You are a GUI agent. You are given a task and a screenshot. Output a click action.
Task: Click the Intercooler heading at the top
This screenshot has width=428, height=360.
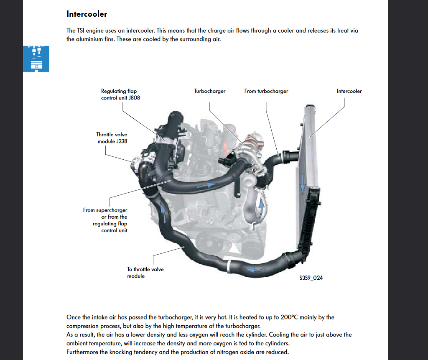tap(87, 14)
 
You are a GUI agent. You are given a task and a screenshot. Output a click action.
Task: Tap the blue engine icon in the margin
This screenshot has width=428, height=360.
tap(36, 59)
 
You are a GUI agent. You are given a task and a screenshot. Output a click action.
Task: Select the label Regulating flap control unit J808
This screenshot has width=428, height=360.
tap(120, 94)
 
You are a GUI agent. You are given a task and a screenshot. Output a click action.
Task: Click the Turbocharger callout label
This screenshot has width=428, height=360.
tap(210, 91)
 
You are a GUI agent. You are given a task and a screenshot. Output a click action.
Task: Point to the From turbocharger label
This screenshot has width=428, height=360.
tap(266, 91)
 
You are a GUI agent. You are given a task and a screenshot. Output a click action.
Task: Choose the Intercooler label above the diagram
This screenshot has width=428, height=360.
tap(349, 91)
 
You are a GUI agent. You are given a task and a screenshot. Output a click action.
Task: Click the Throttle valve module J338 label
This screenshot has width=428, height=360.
tap(112, 138)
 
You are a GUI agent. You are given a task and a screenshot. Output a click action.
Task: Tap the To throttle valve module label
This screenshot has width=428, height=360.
tap(145, 272)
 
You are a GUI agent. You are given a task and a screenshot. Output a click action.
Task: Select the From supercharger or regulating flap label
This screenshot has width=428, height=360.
tap(105, 220)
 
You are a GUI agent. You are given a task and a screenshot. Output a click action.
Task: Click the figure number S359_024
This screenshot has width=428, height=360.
tap(311, 278)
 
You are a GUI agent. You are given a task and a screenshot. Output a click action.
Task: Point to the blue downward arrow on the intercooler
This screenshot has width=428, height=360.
tap(303, 183)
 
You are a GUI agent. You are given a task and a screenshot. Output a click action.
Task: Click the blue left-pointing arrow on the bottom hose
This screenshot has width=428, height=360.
tap(255, 270)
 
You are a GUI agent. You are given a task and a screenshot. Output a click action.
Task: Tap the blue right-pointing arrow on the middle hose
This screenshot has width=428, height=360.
tap(206, 186)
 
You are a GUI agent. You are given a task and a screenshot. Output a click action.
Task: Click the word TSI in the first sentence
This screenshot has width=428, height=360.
tap(81, 31)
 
